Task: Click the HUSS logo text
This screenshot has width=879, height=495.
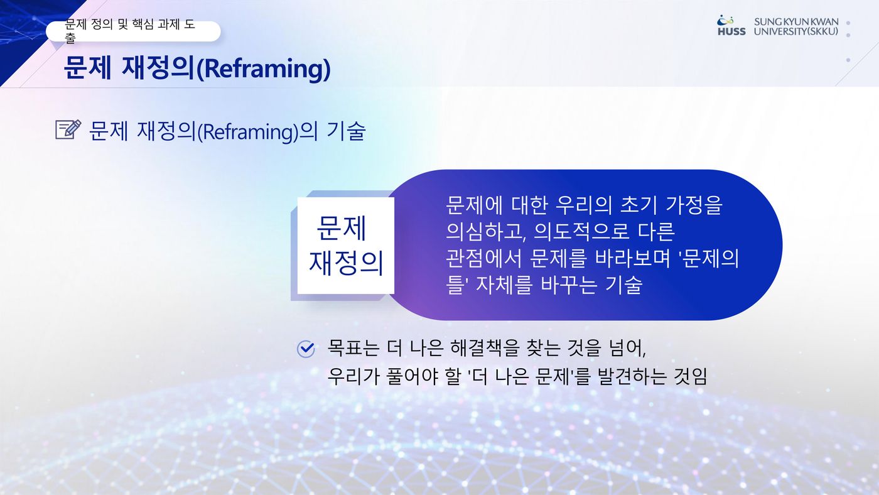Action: click(x=731, y=31)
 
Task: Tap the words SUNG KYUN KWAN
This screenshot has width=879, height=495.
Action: click(x=796, y=22)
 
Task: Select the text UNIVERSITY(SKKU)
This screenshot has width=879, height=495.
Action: click(x=796, y=31)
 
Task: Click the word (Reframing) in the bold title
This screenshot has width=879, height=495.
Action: click(x=263, y=68)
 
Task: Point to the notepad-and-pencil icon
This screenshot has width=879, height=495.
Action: click(x=68, y=129)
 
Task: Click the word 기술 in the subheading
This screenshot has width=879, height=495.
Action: click(x=346, y=131)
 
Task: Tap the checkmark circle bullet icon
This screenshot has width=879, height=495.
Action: click(x=306, y=349)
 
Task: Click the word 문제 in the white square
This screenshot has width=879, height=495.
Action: click(x=342, y=228)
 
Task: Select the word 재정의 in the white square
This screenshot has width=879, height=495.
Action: click(x=346, y=263)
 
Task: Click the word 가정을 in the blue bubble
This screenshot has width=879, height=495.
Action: click(x=694, y=205)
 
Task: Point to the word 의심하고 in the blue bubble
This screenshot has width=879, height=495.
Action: click(x=485, y=232)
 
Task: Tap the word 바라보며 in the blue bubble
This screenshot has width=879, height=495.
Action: click(x=632, y=258)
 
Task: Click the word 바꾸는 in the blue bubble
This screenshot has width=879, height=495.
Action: click(x=569, y=285)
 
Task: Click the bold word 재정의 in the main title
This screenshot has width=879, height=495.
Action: click(x=158, y=68)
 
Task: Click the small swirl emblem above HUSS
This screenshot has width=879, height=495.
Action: click(x=725, y=19)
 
